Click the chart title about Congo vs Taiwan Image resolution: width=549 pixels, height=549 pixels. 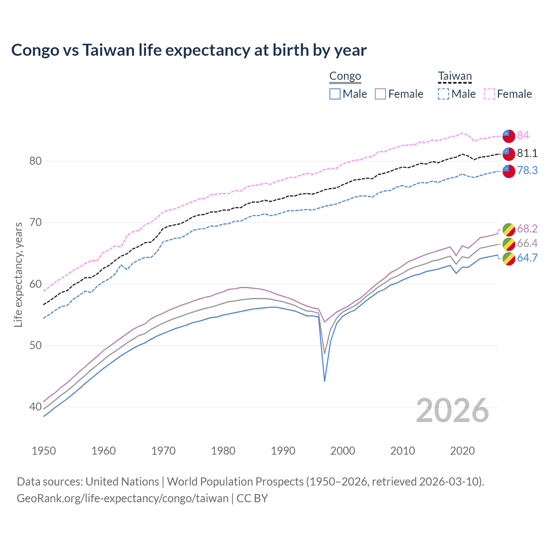click(x=189, y=50)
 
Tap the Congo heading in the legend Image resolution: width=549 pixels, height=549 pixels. click(x=345, y=76)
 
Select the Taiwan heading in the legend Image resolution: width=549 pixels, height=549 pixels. click(x=455, y=76)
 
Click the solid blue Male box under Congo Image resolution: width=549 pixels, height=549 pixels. click(x=335, y=94)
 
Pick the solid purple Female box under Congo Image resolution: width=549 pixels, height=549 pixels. click(x=380, y=94)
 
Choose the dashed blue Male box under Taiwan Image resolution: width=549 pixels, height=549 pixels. click(x=443, y=94)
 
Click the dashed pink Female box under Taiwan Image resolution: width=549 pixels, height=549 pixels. click(x=489, y=94)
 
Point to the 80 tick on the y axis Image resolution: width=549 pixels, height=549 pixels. click(x=35, y=161)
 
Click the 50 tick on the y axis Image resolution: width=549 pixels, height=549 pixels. click(x=35, y=346)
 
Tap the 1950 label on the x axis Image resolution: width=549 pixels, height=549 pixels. click(x=44, y=451)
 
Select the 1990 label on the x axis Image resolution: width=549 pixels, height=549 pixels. click(x=283, y=451)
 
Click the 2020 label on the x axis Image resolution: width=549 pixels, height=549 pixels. click(x=462, y=451)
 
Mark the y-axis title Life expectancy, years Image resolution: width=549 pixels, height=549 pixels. click(x=18, y=274)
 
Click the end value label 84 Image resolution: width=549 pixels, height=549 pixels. click(x=523, y=135)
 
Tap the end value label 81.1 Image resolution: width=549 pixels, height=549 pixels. click(x=527, y=153)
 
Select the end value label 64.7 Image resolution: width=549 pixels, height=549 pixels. click(x=527, y=258)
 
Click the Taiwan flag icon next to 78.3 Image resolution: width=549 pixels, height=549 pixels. click(x=509, y=171)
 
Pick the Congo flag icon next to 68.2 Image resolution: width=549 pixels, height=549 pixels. click(x=509, y=229)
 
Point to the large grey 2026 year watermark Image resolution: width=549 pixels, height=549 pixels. click(x=452, y=410)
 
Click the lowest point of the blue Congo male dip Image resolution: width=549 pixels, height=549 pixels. click(x=325, y=381)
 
